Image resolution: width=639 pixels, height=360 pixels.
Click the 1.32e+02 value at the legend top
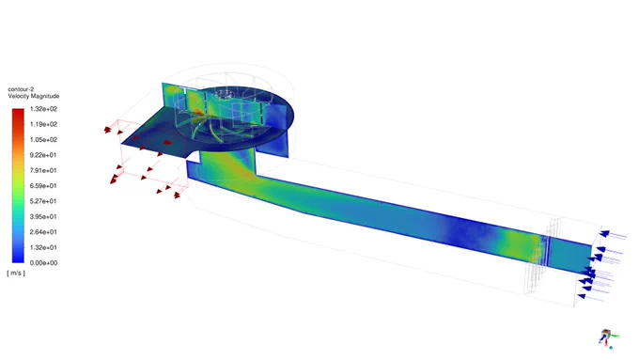click(43, 109)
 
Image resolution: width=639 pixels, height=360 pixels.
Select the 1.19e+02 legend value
click(43, 124)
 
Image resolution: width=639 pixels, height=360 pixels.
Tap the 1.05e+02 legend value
click(43, 140)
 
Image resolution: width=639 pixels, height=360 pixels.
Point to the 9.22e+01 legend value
click(43, 155)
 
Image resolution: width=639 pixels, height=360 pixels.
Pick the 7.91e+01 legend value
click(43, 170)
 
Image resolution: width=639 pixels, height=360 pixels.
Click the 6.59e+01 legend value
click(43, 186)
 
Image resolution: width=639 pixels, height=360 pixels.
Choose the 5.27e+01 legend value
click(43, 201)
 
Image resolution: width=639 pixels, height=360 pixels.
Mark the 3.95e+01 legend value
click(43, 216)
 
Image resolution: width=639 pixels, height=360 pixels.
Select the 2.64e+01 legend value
click(43, 232)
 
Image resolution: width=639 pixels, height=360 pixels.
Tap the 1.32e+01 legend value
click(43, 247)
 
